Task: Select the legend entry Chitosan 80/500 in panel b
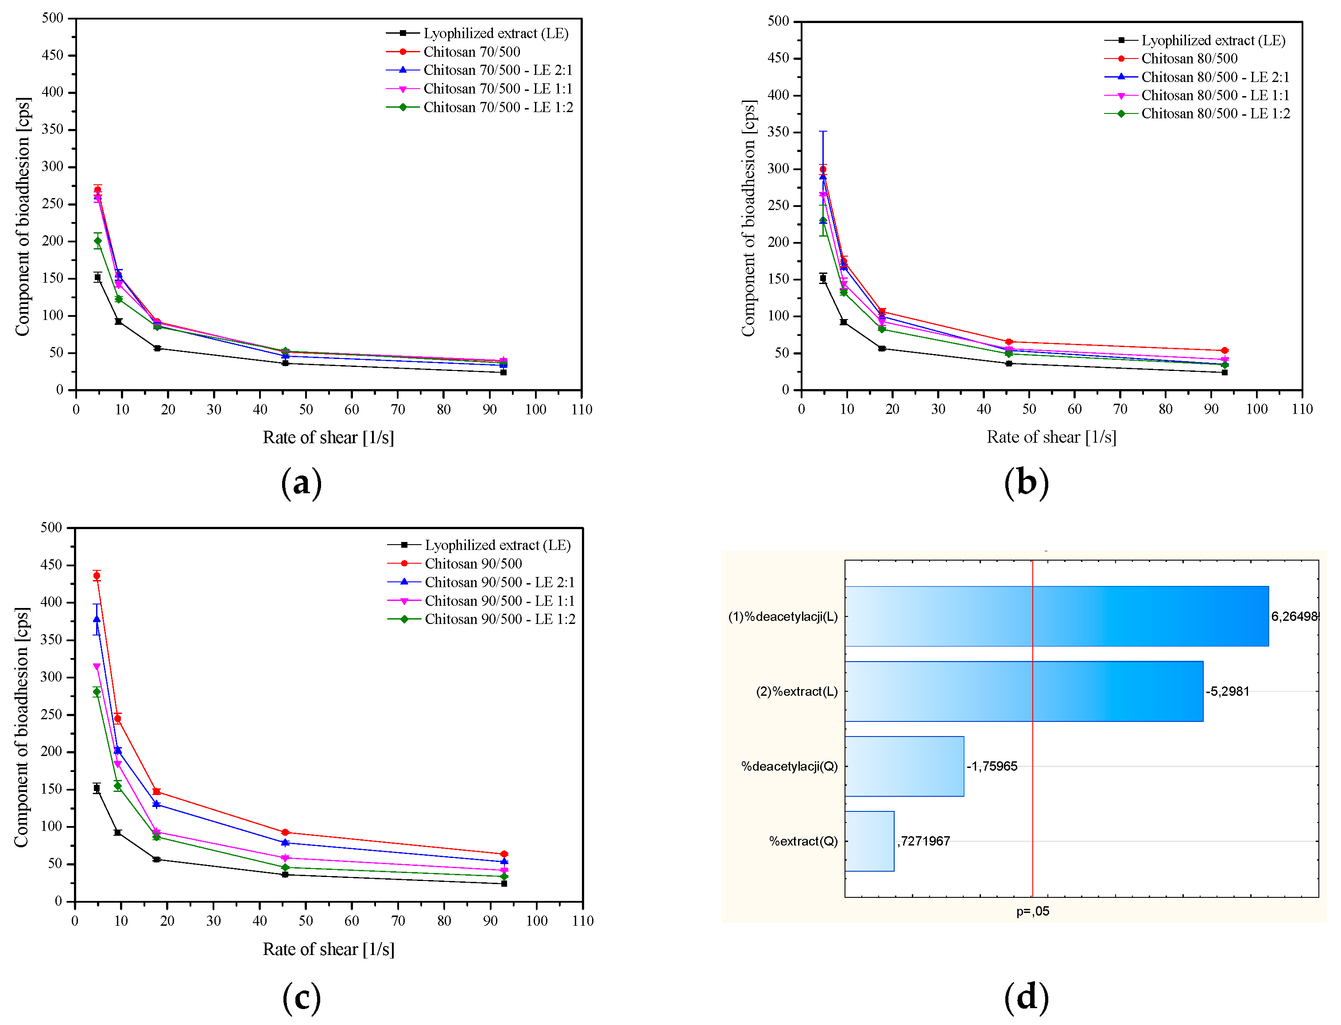1189,58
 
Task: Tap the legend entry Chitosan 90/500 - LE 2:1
499,582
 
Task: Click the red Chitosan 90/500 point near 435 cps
97,575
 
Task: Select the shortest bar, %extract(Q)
869,841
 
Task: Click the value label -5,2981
1227,691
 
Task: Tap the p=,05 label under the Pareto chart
1032,912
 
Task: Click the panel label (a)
301,483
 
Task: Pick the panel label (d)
1026,997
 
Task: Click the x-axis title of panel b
1051,437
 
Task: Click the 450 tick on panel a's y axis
52,55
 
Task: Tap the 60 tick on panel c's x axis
352,921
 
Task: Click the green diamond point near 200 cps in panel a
97,241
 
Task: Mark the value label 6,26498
1294,616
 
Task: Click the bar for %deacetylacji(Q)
904,766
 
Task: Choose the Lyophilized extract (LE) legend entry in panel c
497,545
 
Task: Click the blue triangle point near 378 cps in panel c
97,619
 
